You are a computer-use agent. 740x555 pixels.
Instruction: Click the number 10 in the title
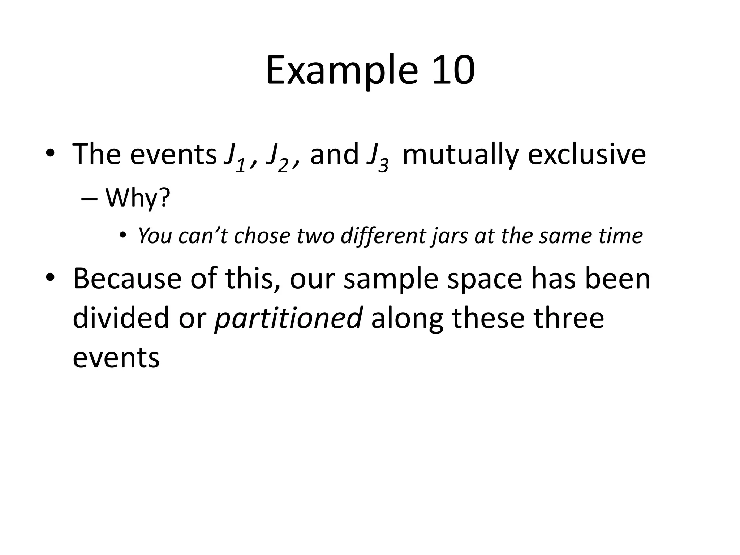453,70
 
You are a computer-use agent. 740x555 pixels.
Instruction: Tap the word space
485,280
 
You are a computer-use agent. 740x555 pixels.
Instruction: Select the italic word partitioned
288,318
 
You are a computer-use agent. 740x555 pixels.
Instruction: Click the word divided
121,318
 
